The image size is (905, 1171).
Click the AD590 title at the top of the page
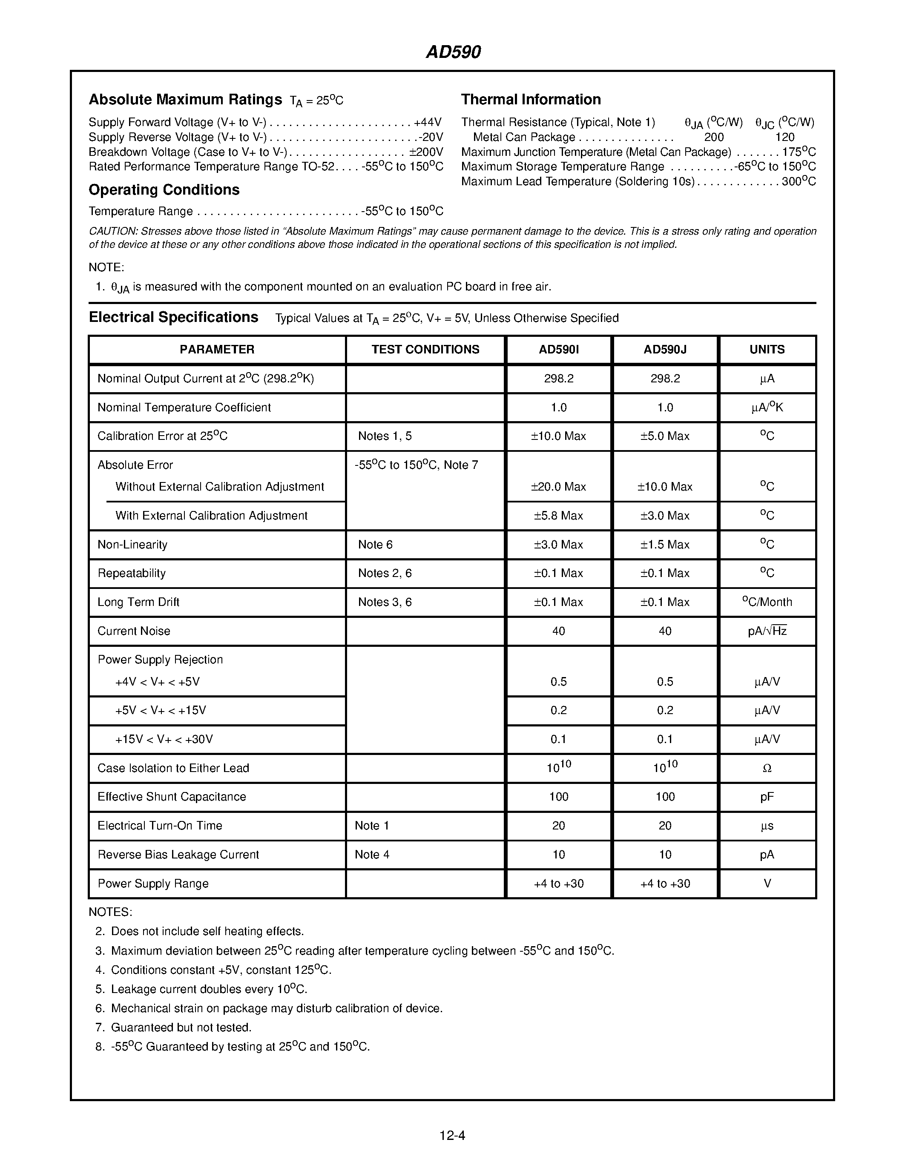[453, 52]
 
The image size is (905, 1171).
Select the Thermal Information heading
[531, 100]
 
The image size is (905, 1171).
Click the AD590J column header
[665, 350]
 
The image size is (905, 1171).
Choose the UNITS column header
[767, 350]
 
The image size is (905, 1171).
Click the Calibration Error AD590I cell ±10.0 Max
[559, 436]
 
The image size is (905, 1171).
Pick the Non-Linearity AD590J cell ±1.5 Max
[665, 545]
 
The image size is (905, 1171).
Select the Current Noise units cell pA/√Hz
[767, 631]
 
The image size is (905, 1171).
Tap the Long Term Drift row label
[138, 602]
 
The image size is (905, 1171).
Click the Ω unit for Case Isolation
[767, 768]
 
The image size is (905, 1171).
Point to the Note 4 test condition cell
[372, 855]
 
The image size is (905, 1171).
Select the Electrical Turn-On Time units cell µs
[767, 826]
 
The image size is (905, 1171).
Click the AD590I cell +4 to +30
[559, 884]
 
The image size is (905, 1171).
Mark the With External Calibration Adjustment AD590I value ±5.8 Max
[559, 516]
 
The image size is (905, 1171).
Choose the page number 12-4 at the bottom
[452, 1135]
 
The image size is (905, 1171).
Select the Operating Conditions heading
[164, 190]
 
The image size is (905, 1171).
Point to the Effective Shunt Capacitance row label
[172, 797]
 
